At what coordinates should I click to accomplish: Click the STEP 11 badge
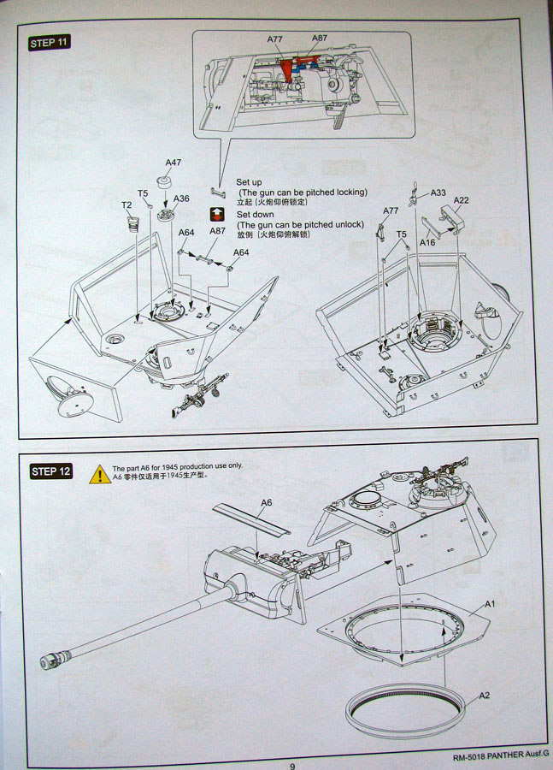point(49,44)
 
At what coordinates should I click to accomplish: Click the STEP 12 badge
point(51,471)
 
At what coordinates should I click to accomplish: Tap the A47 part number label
point(174,163)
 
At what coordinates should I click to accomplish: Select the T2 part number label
point(126,205)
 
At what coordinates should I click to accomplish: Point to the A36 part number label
point(181,198)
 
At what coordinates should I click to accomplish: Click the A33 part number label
point(438,192)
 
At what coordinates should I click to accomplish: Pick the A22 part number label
point(461,200)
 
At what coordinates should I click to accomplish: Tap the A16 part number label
point(428,243)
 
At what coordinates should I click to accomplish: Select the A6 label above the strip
point(266,502)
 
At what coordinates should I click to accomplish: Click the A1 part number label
point(491,604)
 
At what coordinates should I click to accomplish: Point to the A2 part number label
point(484,695)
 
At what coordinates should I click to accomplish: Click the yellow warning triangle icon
point(99,474)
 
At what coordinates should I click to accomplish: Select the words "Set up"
point(249,182)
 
